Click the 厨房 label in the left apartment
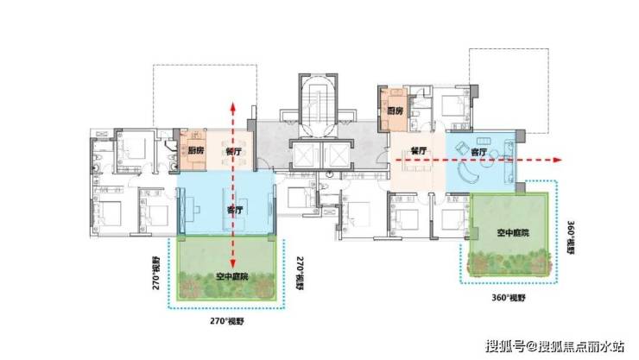tap(196, 151)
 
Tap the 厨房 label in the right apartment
tap(395, 111)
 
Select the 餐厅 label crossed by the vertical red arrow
tap(233, 152)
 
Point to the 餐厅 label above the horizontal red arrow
tap(419, 151)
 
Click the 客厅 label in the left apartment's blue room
tap(234, 210)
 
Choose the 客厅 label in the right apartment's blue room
tap(478, 152)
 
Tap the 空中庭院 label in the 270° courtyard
tap(232, 277)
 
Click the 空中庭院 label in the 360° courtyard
tap(513, 233)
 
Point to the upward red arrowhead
tap(232, 106)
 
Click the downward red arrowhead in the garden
tap(232, 263)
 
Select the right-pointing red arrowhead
tap(558, 160)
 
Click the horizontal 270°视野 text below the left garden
tap(227, 321)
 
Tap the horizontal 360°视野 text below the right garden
tap(509, 298)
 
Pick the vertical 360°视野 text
tap(571, 237)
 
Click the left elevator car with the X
tap(304, 155)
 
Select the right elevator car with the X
tap(335, 155)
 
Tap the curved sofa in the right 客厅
tap(470, 173)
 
